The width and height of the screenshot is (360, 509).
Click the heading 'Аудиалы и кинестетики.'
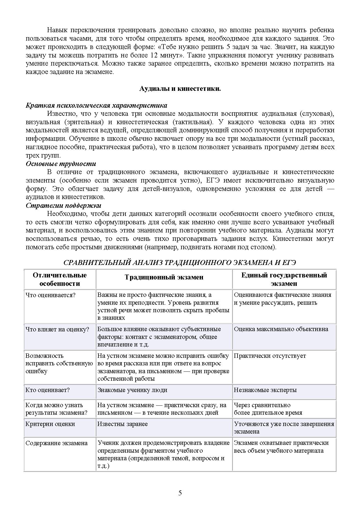(x=180, y=89)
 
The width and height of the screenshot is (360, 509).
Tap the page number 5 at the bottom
(x=180, y=493)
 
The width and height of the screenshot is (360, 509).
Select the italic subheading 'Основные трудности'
(x=61, y=164)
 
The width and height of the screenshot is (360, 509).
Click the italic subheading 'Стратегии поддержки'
(x=63, y=205)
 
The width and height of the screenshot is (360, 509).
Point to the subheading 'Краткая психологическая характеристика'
(x=96, y=105)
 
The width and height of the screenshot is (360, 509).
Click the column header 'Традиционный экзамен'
(x=164, y=277)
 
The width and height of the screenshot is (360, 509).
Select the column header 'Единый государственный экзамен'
(x=284, y=279)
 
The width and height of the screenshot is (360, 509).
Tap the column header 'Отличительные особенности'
(x=60, y=279)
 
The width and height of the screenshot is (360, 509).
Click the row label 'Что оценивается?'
(x=51, y=295)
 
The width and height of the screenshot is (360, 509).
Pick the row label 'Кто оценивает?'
(x=48, y=390)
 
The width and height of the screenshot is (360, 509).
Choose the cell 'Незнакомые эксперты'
(x=265, y=390)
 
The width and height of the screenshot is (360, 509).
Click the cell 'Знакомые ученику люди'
(x=132, y=390)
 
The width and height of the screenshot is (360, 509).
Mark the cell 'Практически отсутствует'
(x=270, y=356)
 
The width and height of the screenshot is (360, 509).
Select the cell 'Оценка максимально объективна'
(x=281, y=329)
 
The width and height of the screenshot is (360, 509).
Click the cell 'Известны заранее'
(x=123, y=424)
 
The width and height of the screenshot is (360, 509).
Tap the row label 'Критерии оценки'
(x=50, y=424)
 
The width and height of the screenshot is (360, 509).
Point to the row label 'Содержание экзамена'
(x=56, y=443)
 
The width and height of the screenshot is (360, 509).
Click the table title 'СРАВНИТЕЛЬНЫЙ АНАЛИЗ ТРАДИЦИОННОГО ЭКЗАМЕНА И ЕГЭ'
(x=179, y=263)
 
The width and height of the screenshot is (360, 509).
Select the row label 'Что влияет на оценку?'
(x=57, y=329)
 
